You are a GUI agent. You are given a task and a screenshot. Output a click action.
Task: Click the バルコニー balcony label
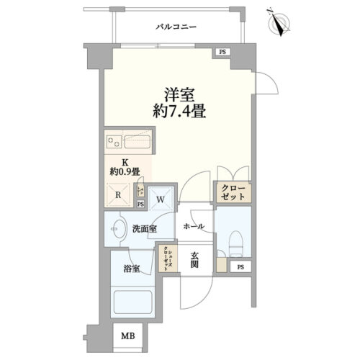coord(176,27)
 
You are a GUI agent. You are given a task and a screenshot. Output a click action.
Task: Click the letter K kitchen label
coord(124,162)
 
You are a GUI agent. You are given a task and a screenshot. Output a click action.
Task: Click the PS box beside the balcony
coord(222,52)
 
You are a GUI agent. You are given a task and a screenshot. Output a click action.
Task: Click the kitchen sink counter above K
coord(128,141)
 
